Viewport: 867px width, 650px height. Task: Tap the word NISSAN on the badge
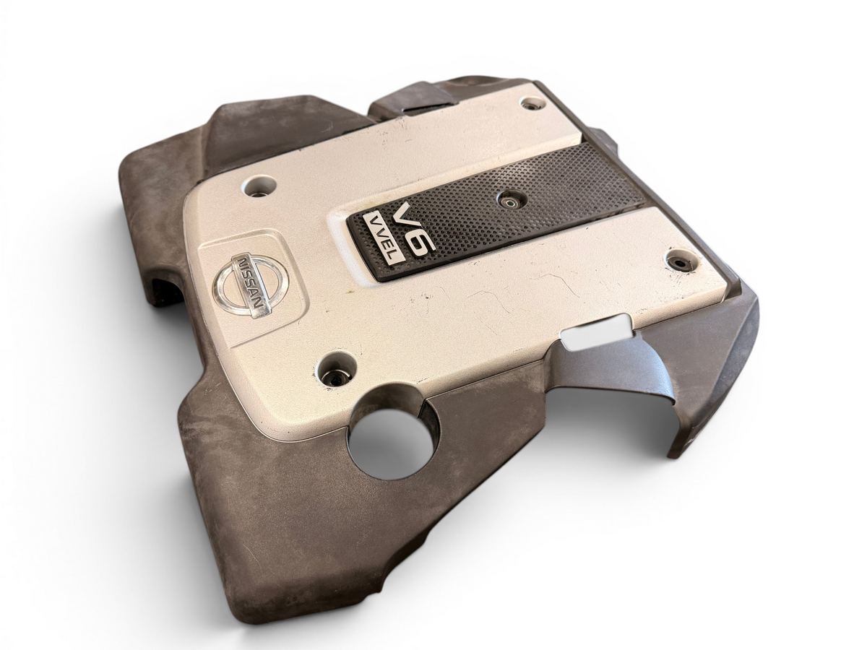tap(250, 283)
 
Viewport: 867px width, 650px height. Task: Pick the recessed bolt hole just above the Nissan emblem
tap(260, 186)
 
